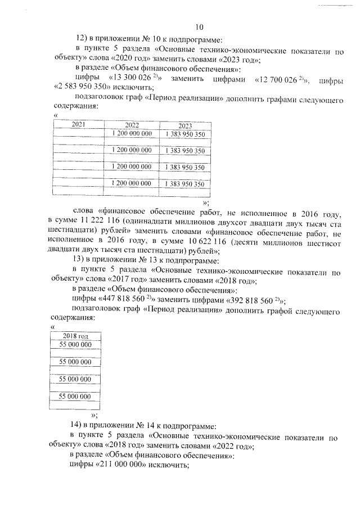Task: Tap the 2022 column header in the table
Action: click(x=132, y=125)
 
